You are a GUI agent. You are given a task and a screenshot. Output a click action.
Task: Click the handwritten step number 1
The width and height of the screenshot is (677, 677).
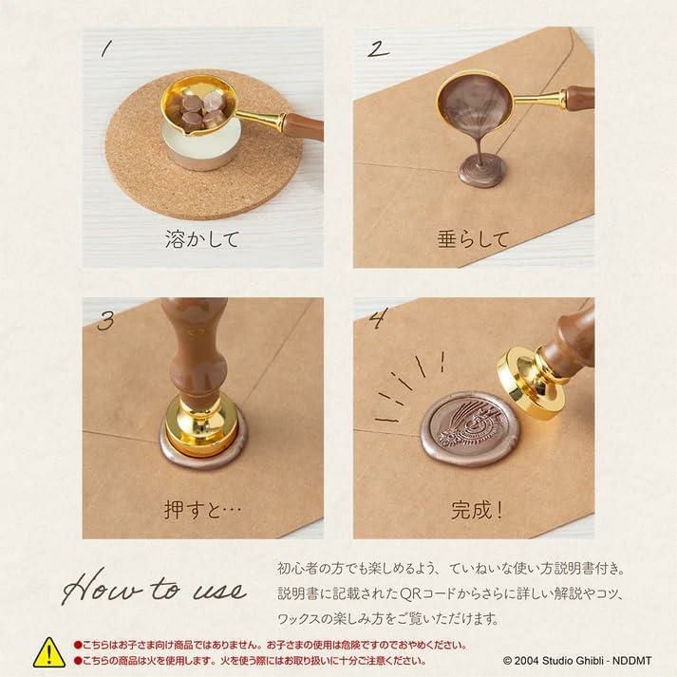106,48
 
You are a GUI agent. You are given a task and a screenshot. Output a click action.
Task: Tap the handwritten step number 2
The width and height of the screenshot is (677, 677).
378,49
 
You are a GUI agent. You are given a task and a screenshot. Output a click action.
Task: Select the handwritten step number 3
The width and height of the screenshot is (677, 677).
105,320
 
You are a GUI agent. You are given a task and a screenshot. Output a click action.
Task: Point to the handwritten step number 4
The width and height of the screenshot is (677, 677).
379,319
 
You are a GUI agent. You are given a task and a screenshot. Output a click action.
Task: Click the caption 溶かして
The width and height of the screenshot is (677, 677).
202,239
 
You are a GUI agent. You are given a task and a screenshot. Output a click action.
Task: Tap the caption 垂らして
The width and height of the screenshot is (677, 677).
473,239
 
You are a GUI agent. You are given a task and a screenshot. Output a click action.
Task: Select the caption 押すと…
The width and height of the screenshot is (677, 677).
202,510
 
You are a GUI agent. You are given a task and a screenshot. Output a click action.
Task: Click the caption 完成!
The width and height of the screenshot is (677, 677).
477,510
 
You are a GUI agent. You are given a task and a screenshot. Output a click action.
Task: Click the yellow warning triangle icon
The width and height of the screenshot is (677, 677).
49,653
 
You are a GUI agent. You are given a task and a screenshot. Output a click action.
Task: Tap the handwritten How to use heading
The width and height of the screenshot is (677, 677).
155,587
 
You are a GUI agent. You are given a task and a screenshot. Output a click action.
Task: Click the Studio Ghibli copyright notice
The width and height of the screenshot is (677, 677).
577,661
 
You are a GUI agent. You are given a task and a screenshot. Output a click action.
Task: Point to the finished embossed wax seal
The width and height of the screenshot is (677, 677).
468,429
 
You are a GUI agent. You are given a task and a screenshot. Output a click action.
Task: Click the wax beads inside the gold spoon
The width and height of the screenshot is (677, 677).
198,110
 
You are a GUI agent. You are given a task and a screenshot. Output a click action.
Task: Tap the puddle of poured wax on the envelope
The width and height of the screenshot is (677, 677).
481,172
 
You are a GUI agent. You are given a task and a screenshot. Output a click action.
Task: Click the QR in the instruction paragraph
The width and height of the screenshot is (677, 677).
410,593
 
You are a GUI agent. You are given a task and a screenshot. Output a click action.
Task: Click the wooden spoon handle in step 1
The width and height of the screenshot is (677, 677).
304,125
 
